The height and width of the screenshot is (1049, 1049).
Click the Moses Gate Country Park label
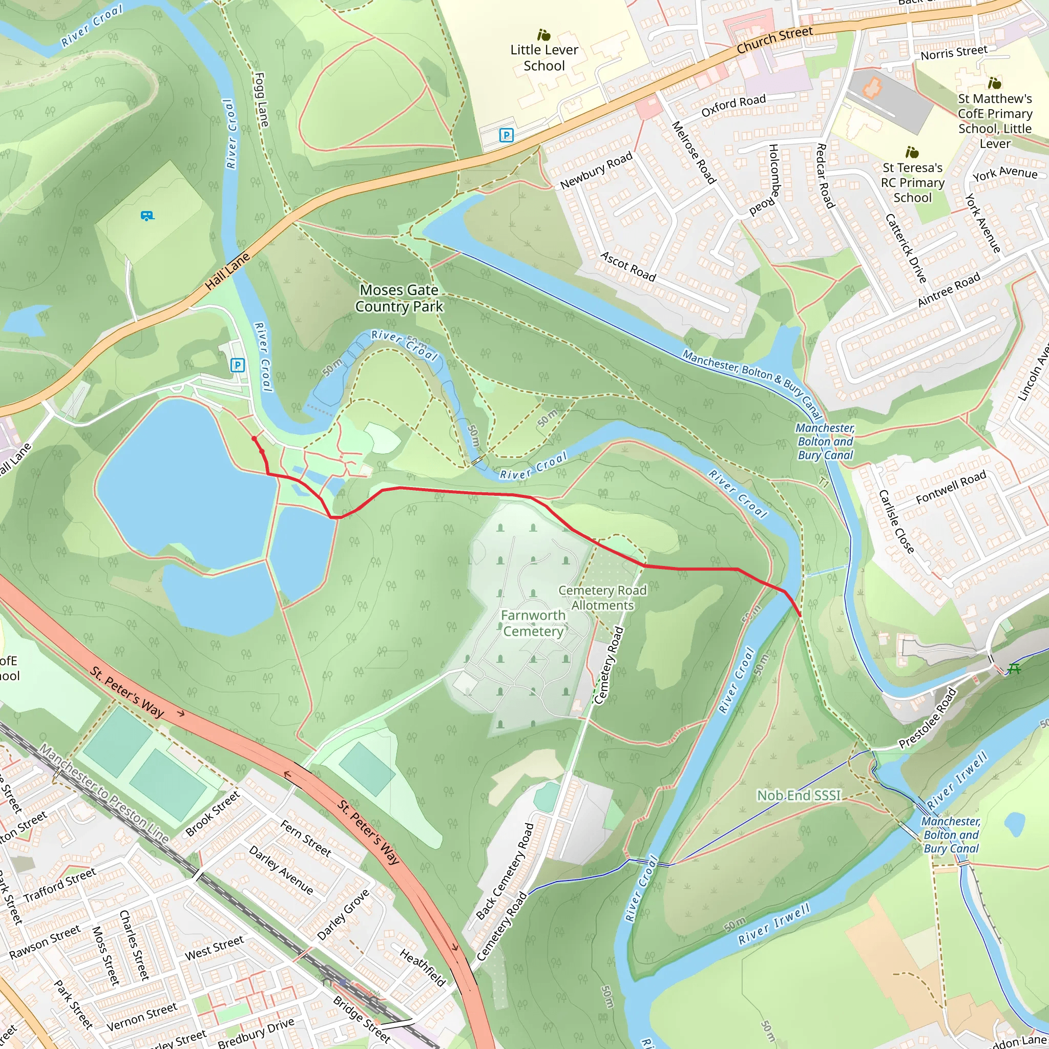[x=399, y=299]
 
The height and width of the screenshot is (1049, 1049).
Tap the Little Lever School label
[x=544, y=57]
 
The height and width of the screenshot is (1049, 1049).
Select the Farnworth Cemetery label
[x=533, y=623]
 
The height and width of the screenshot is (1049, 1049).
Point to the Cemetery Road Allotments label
[x=602, y=598]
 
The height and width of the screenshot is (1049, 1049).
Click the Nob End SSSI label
[x=799, y=795]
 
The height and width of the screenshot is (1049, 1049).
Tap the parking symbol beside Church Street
[x=506, y=135]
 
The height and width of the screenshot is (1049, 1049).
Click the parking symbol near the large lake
[x=237, y=365]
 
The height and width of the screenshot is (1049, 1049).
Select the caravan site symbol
[x=146, y=216]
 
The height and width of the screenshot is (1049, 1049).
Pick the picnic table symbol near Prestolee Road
[x=1014, y=669]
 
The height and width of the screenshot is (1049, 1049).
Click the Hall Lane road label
[x=227, y=271]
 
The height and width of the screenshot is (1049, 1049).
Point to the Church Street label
[x=775, y=40]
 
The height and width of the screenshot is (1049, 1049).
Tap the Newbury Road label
[x=596, y=171]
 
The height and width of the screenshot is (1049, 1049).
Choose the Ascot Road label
[x=628, y=266]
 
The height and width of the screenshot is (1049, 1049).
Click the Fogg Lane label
[x=261, y=100]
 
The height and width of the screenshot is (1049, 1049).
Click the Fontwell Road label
[x=951, y=487]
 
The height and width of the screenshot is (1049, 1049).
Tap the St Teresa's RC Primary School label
[x=912, y=182]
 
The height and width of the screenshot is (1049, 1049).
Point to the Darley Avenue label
[x=281, y=870]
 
